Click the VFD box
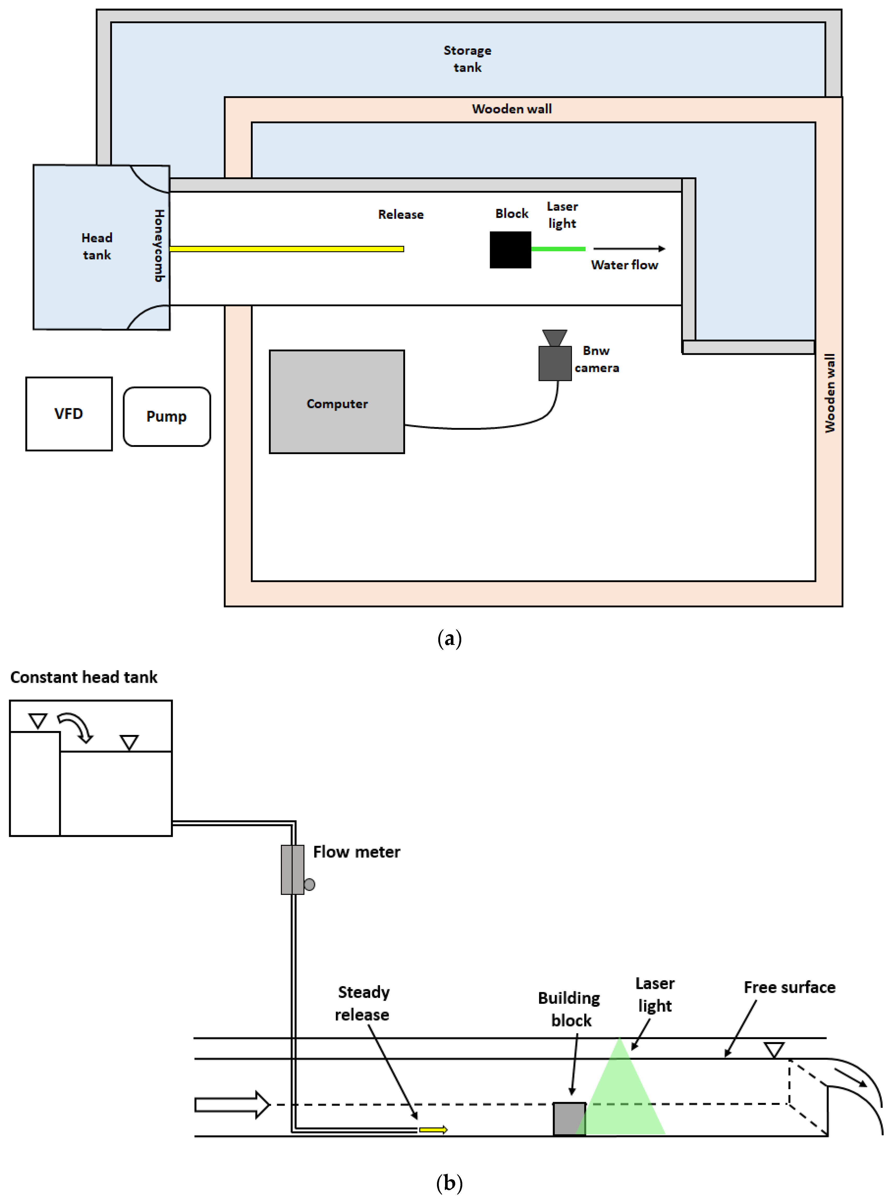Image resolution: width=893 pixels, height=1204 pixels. coord(69,414)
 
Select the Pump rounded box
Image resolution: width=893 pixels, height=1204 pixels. coord(167,416)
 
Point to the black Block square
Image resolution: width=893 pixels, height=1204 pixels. coord(510,250)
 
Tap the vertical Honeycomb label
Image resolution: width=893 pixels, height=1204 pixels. coord(159,246)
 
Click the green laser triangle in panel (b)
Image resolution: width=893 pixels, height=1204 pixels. coord(622,1097)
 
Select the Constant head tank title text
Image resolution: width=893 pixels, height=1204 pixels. coord(84,677)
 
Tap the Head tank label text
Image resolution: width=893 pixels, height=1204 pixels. coord(97,246)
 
